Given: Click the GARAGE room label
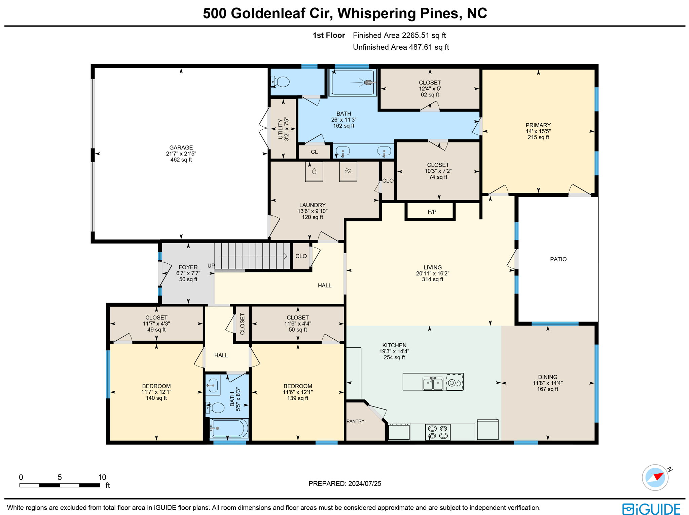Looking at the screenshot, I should pos(181,147).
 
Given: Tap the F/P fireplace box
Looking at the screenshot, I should pos(432,212).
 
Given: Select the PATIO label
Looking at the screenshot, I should pos(558,259).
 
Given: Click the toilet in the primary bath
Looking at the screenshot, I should pos(281,82).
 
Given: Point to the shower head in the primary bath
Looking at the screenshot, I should pos(369,82).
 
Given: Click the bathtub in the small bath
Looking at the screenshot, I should pos(229,428).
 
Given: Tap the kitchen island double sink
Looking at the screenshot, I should pos(433,383).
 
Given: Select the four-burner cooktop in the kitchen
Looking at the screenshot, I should pos(438,432).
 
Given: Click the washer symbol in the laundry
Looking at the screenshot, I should pos(314,171).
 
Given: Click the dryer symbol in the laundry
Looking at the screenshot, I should pos(348,171).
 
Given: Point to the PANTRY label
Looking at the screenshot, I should pos(355,421).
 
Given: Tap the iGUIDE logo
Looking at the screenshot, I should pos(651,509).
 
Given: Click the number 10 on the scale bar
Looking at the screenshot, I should pos(102,477).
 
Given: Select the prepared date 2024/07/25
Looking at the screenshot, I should pos(365,483).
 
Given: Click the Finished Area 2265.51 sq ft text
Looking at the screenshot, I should pos(399,35).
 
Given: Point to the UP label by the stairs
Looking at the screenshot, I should pos(211,266).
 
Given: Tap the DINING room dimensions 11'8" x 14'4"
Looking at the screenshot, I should pos(547,383).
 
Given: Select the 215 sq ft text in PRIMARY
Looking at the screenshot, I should pos(538,137).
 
